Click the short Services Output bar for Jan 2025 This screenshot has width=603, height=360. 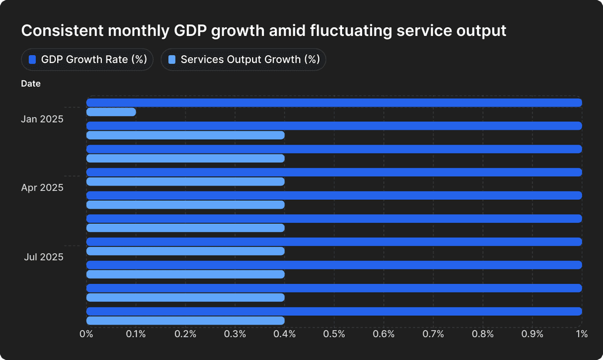[111, 112]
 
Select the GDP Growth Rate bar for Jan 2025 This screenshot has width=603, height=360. [334, 103]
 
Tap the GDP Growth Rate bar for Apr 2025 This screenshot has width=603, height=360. [334, 172]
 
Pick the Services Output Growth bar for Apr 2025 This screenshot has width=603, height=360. [185, 181]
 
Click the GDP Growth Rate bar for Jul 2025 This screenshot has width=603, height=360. [334, 242]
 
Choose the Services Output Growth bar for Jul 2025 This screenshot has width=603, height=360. [185, 251]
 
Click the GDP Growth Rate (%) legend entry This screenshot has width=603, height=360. [87, 60]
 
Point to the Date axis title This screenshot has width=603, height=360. [31, 84]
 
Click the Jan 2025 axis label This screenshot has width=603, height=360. [42, 119]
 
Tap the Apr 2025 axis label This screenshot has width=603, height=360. [42, 188]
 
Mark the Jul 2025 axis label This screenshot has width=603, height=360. [44, 257]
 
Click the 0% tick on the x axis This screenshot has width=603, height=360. [87, 335]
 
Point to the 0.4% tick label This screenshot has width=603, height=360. [284, 335]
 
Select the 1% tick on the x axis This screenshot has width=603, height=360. [582, 335]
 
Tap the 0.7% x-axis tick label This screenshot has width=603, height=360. [433, 335]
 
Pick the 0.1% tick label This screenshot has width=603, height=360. [136, 335]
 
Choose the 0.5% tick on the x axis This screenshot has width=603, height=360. [334, 335]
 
